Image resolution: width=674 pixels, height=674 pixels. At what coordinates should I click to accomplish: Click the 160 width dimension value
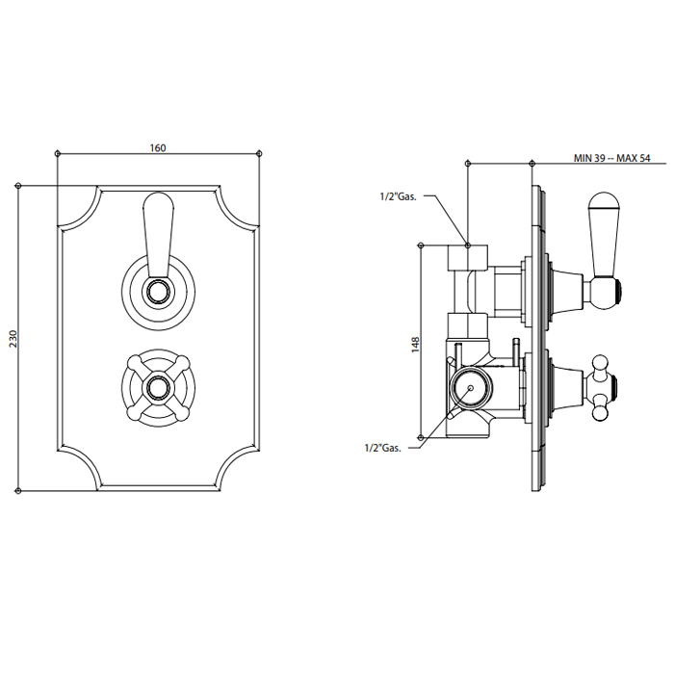point(158,148)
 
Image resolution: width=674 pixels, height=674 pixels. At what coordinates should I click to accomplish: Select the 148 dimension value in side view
point(415,345)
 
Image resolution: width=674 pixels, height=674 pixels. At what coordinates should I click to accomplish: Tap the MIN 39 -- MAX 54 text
point(612,158)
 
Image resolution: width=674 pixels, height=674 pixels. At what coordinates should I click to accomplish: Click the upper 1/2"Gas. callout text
point(399,196)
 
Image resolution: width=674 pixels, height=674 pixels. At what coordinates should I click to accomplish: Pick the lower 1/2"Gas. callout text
point(383,448)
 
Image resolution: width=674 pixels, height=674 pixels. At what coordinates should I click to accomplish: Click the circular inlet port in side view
point(471,388)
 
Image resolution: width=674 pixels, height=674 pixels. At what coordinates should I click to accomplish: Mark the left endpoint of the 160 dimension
point(58,153)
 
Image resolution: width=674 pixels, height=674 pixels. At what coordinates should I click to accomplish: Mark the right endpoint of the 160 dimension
point(258,153)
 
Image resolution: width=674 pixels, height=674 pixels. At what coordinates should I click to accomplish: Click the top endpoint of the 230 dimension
point(18,185)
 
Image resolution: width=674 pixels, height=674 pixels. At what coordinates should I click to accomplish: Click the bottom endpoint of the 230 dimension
point(18,490)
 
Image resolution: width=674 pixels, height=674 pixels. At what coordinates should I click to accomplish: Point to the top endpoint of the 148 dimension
point(421,245)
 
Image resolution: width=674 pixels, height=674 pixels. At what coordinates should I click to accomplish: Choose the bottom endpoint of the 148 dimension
point(421,437)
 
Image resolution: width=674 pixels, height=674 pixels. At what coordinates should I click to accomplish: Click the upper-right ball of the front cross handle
point(184,360)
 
